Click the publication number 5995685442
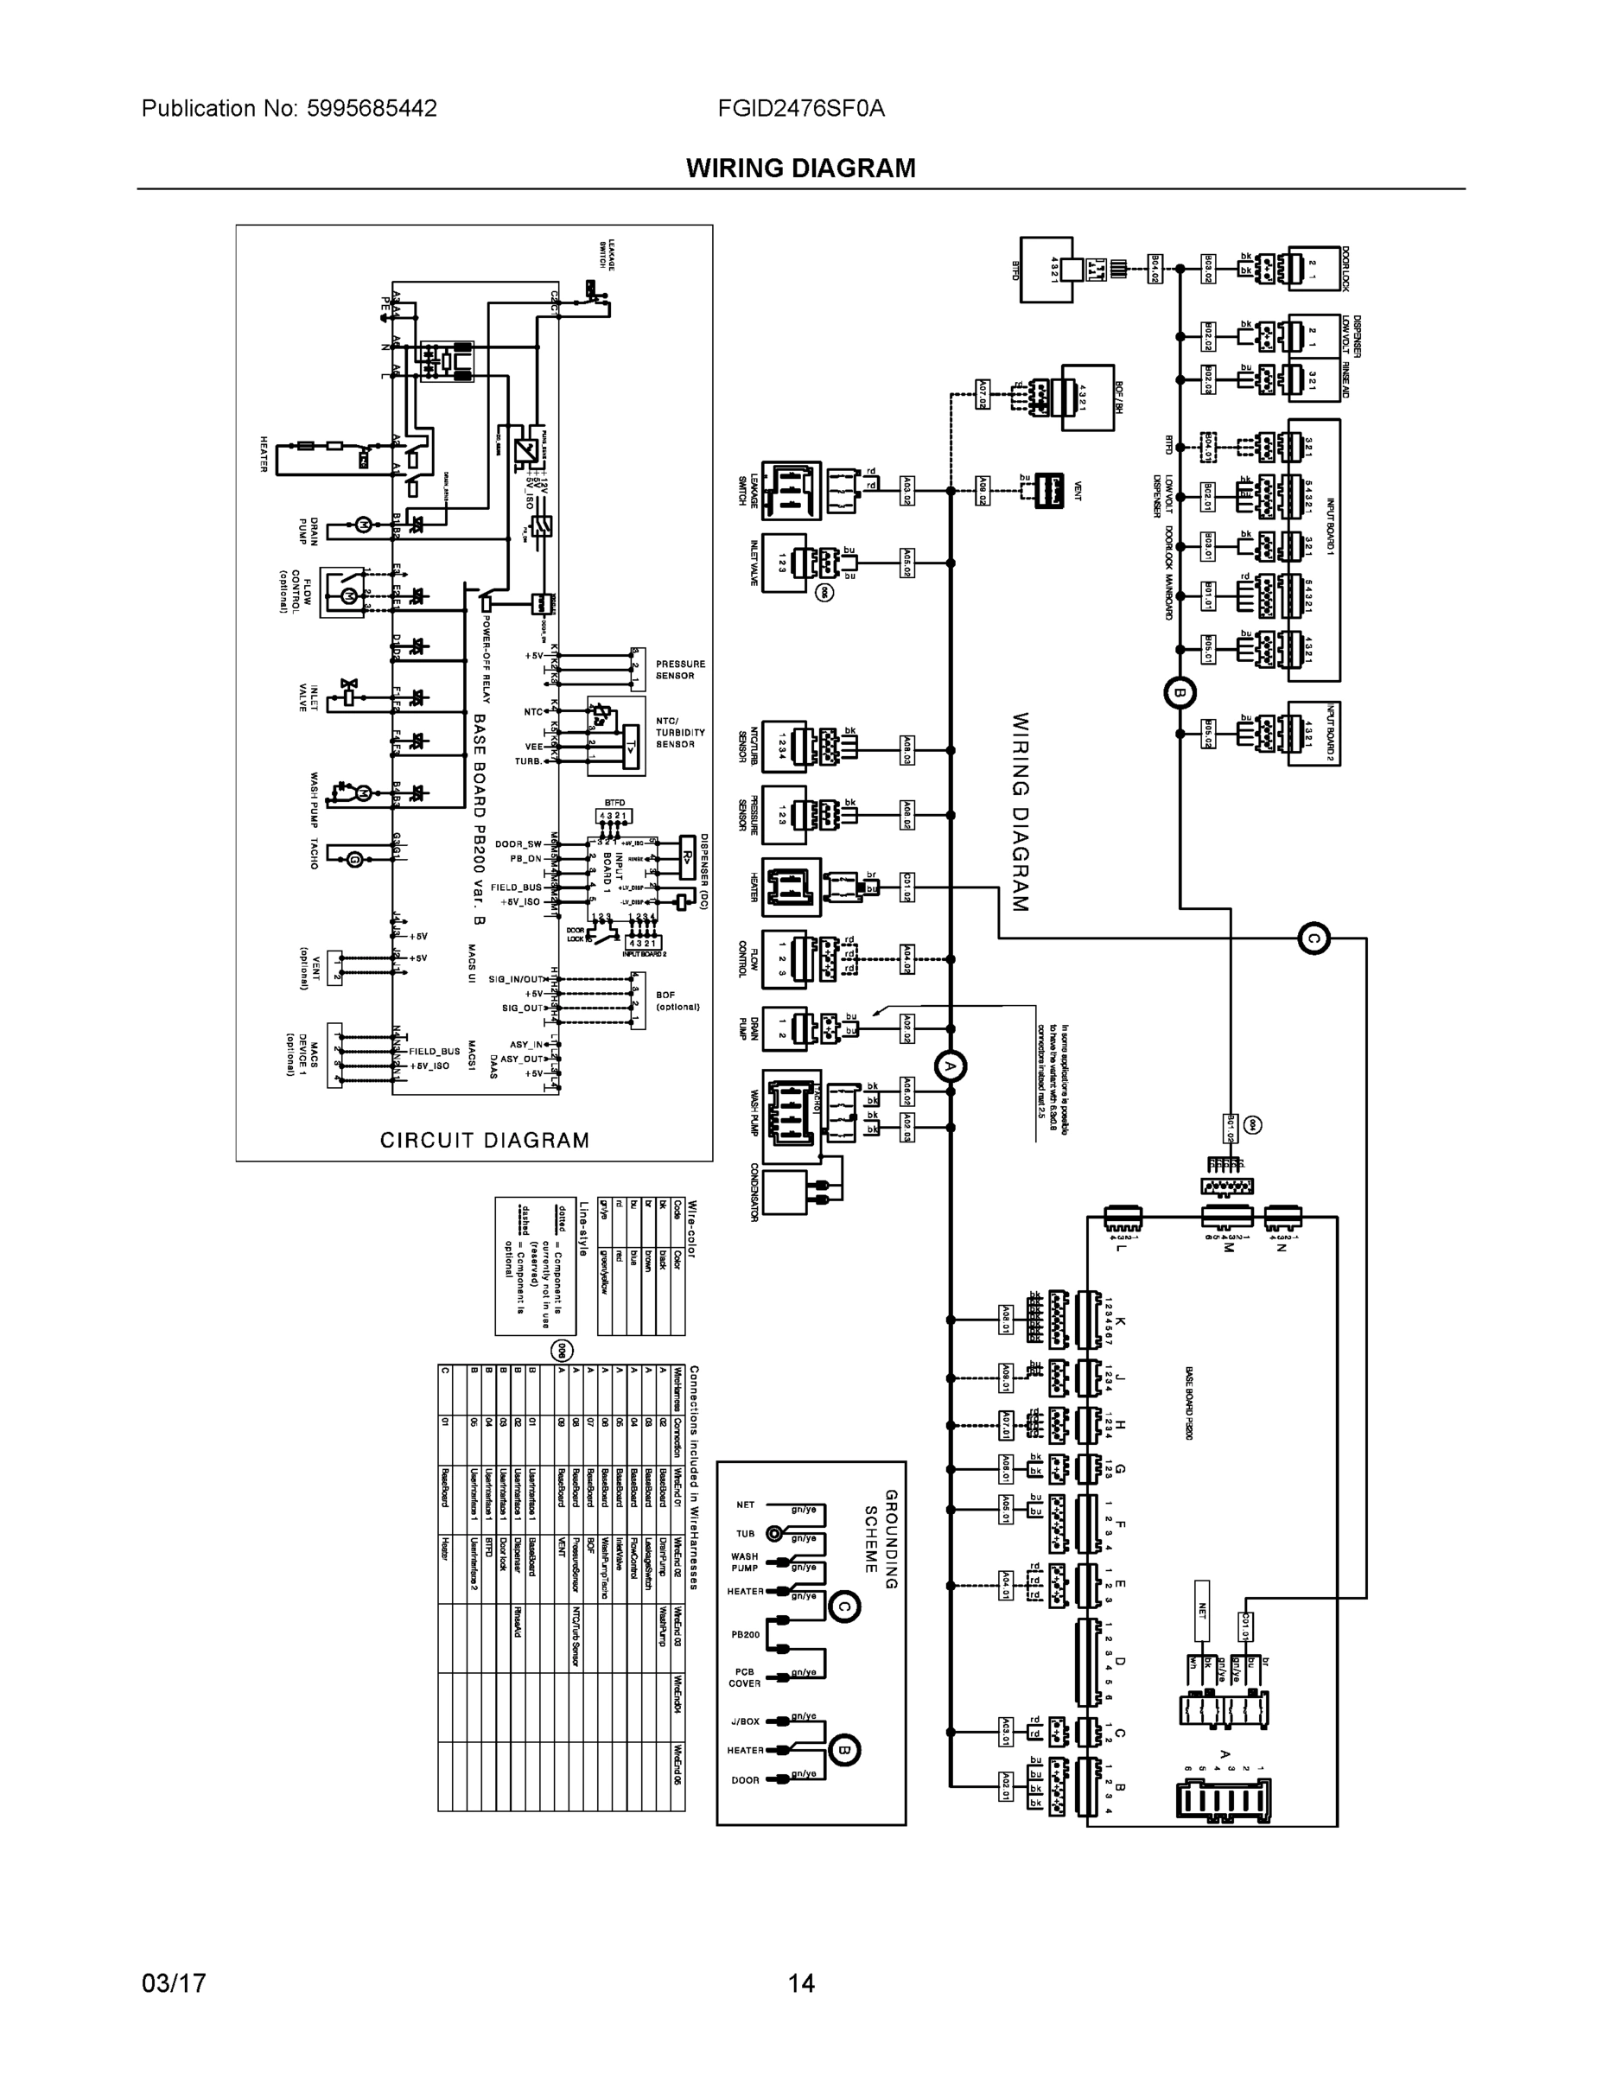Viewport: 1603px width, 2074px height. click(372, 108)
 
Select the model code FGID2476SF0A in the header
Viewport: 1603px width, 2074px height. click(800, 108)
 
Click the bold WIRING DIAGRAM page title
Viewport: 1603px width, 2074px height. click(800, 169)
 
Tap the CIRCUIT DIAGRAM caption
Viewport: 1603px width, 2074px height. click(484, 1141)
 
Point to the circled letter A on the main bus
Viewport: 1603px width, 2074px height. click(950, 1066)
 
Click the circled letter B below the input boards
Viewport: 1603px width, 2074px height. click(1180, 692)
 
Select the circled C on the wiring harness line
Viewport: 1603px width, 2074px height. click(1314, 939)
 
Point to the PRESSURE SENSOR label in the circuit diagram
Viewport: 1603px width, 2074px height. click(680, 670)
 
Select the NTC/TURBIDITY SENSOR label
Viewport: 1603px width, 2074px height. click(680, 732)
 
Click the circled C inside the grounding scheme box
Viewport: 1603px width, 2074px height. click(844, 1606)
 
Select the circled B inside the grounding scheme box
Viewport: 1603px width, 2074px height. click(844, 1750)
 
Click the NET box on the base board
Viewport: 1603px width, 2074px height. click(1202, 1612)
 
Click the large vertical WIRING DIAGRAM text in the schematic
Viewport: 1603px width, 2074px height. click(1020, 812)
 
